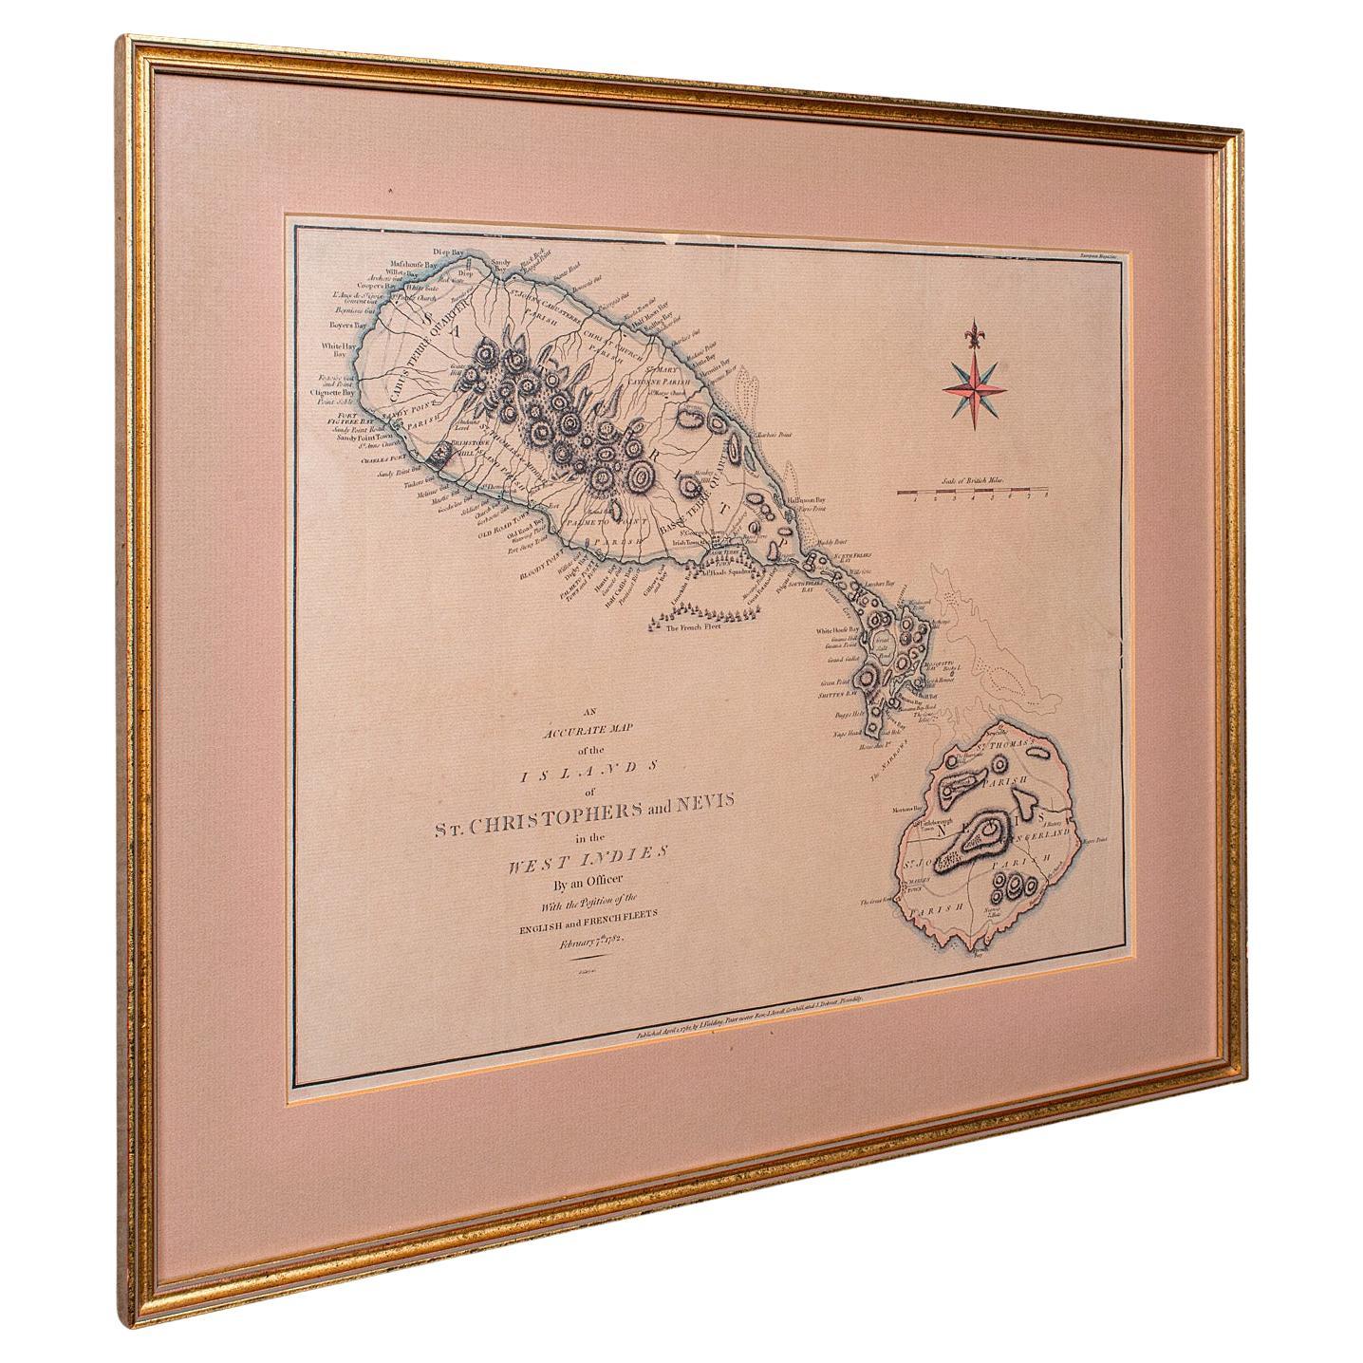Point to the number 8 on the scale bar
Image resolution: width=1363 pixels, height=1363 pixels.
point(1045,496)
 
